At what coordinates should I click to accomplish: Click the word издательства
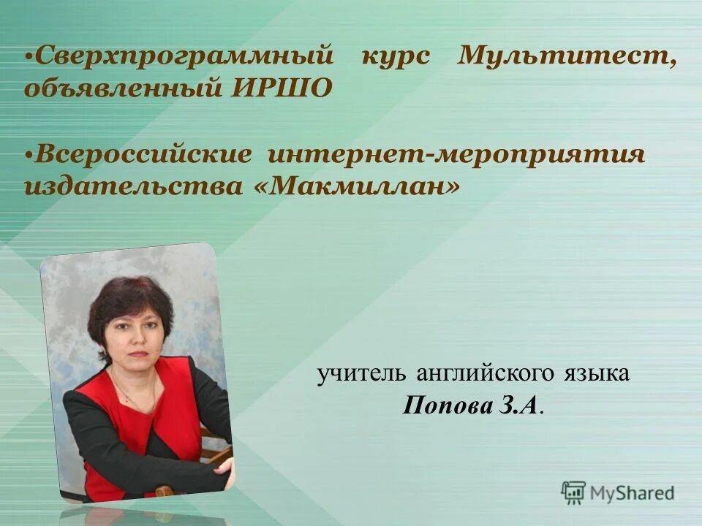pos(137,187)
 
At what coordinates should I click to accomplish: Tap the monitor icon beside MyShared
pos(573,492)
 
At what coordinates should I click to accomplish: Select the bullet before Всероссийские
pos(29,156)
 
